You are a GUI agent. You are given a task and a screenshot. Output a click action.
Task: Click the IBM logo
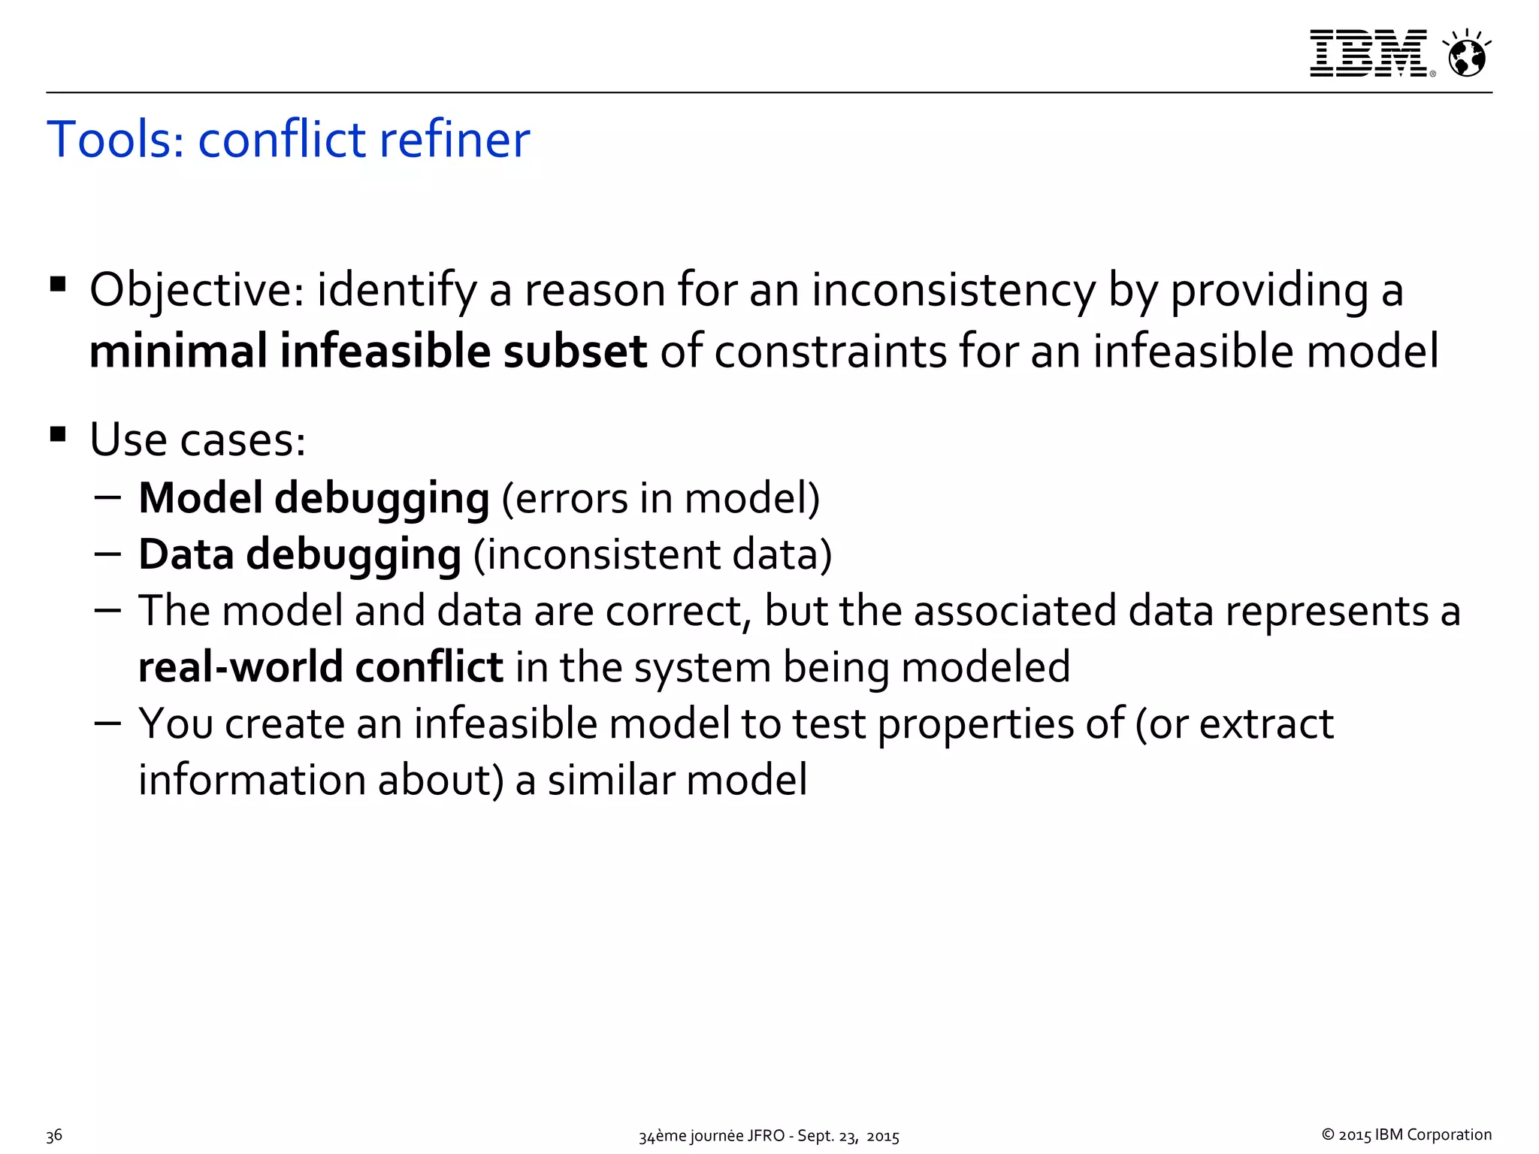click(1368, 53)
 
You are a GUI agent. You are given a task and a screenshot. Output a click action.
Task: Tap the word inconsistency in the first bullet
click(953, 292)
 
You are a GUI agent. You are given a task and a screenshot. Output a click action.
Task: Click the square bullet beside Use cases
click(58, 434)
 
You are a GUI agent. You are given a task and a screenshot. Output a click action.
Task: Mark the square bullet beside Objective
click(58, 285)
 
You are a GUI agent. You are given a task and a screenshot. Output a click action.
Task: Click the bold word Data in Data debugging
click(186, 554)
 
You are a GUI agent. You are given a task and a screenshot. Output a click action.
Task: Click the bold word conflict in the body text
click(428, 667)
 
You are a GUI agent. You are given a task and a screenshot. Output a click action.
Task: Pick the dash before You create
click(108, 722)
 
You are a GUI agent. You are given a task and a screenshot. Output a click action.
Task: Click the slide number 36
click(54, 1135)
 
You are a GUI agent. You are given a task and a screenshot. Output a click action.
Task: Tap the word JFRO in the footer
click(764, 1136)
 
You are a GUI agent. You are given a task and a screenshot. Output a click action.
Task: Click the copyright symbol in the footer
click(1328, 1135)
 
